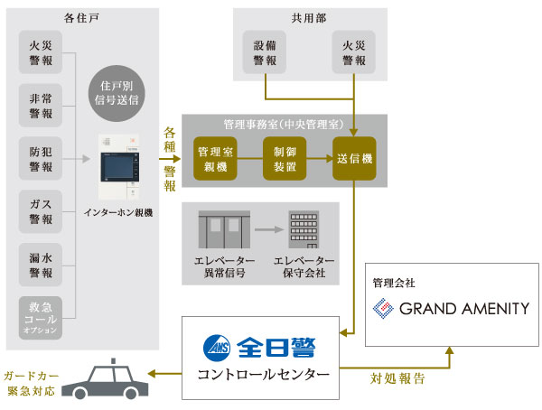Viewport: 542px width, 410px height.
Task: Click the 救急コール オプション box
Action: pos(41,318)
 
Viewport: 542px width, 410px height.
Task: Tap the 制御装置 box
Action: pos(284,158)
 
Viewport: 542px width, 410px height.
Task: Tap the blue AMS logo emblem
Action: pos(217,347)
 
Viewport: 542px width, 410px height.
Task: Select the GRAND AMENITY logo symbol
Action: pos(384,308)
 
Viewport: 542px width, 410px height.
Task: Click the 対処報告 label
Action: pos(399,379)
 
